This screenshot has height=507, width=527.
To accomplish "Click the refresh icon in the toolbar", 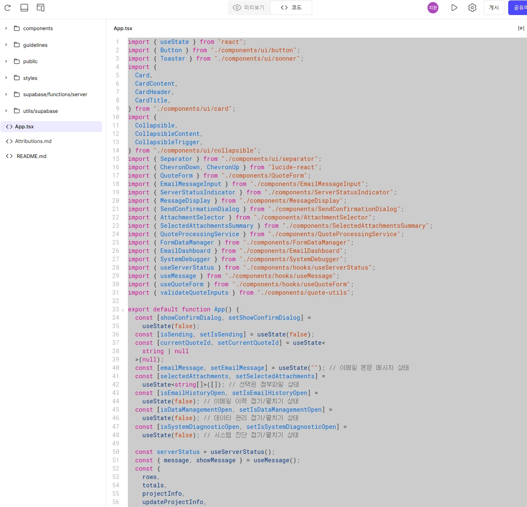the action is pyautogui.click(x=8, y=8).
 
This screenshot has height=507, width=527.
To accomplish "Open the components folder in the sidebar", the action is pyautogui.click(x=38, y=28).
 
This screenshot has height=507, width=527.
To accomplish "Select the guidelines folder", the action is pyautogui.click(x=35, y=45).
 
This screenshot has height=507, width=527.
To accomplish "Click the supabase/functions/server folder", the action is pyautogui.click(x=55, y=94).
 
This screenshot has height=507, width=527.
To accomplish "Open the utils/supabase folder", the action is pyautogui.click(x=41, y=111).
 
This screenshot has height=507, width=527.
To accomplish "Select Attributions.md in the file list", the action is pyautogui.click(x=33, y=141).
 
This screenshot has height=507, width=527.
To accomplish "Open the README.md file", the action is pyautogui.click(x=31, y=156).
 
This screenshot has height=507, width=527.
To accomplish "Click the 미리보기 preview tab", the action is pyautogui.click(x=249, y=8).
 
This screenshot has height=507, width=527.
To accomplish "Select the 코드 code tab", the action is pyautogui.click(x=291, y=8).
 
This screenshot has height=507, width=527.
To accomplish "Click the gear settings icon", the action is pyautogui.click(x=472, y=8).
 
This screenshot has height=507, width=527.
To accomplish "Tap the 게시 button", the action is pyautogui.click(x=494, y=8).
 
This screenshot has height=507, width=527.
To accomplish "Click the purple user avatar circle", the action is pyautogui.click(x=433, y=8).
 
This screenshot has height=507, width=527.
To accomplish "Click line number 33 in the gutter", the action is pyautogui.click(x=116, y=309).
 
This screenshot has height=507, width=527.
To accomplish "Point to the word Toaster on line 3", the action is pyautogui.click(x=173, y=59).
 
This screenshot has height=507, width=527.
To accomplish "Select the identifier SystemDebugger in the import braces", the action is pyautogui.click(x=185, y=259).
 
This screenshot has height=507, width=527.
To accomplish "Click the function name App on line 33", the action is pyautogui.click(x=219, y=309).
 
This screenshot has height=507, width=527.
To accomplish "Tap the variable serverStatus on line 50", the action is pyautogui.click(x=178, y=452).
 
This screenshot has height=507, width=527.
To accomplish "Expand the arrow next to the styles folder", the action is pyautogui.click(x=6, y=78).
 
